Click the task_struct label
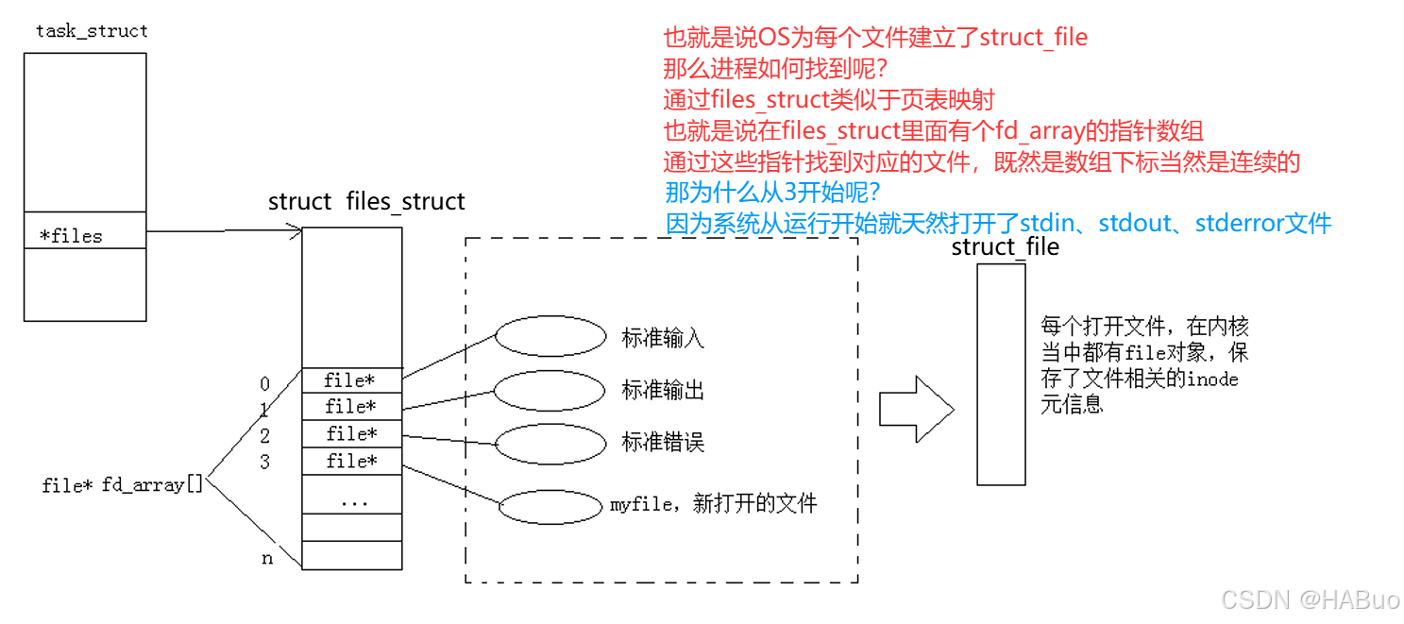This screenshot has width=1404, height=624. pos(92,31)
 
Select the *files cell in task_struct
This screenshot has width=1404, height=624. pos(85,235)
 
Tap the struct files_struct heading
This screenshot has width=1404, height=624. pos(366,202)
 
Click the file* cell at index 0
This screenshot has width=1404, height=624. pos(351,380)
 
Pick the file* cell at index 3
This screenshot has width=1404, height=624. pos(351,462)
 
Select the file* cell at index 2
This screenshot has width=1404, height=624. pos(351,434)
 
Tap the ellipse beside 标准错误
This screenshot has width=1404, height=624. pos(550,443)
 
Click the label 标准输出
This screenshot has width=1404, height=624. pos(663,390)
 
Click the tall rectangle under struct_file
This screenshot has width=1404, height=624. pos(1001,374)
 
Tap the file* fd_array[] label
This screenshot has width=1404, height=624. pos(123,486)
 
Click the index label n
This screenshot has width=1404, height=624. pos(267,559)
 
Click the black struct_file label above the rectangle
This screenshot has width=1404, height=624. pos(1005,247)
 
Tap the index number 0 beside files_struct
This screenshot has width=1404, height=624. pos(265,384)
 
